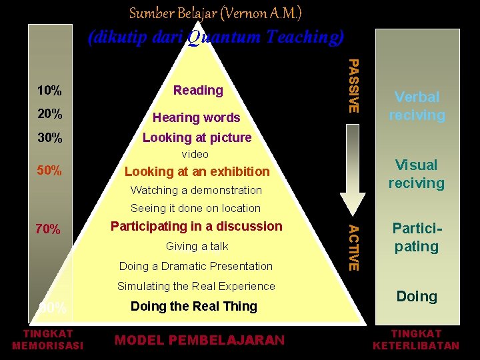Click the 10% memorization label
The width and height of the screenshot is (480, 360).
pyautogui.click(x=50, y=91)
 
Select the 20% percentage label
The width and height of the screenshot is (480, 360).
pyautogui.click(x=50, y=114)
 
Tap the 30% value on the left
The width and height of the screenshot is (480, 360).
pyautogui.click(x=50, y=138)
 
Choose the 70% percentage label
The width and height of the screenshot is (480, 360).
pyautogui.click(x=49, y=230)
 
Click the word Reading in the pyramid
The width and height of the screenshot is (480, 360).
pyautogui.click(x=198, y=90)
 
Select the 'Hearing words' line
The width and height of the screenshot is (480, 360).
pyautogui.click(x=196, y=117)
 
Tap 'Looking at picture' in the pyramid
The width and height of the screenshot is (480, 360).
pyautogui.click(x=197, y=137)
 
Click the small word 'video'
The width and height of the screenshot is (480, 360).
pyautogui.click(x=195, y=154)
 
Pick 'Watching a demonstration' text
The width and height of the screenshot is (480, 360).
pyautogui.click(x=196, y=190)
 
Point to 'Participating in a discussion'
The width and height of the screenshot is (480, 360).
pyautogui.click(x=196, y=226)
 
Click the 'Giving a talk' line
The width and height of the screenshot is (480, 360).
pyautogui.click(x=197, y=246)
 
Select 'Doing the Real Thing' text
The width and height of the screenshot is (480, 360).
pyautogui.click(x=193, y=306)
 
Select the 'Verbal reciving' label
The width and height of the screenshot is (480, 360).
pyautogui.click(x=417, y=106)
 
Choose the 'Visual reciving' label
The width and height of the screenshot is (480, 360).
pyautogui.click(x=417, y=173)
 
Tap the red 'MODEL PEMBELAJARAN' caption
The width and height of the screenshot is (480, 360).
pyautogui.click(x=199, y=340)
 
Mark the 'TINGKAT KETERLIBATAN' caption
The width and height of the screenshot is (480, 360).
pyautogui.click(x=416, y=339)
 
